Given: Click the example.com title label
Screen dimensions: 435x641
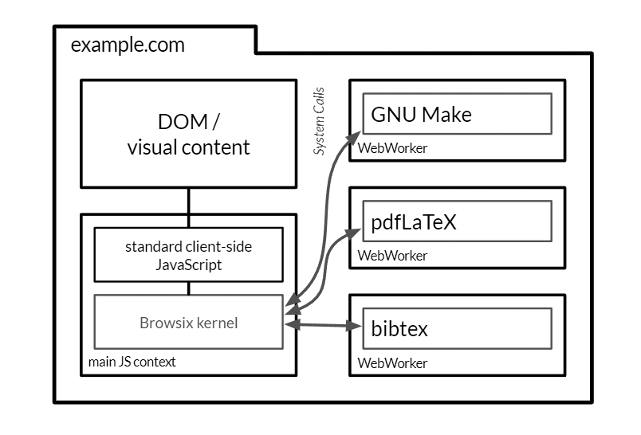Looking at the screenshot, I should (x=128, y=45).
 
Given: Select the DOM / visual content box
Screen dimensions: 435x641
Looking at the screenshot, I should (x=188, y=134).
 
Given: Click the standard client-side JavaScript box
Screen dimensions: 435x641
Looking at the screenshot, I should (x=188, y=255).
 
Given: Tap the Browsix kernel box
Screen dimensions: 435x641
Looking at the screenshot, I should (x=188, y=323).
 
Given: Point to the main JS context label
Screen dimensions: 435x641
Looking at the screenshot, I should (x=132, y=362).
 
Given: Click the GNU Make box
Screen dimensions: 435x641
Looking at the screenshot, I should (x=457, y=115).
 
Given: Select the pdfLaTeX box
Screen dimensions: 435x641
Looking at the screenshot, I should (x=457, y=221).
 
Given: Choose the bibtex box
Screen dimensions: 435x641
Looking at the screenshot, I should (x=457, y=328).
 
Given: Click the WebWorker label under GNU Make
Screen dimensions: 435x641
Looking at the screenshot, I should (x=392, y=148).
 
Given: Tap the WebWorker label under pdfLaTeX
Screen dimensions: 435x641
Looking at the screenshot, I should (x=392, y=256).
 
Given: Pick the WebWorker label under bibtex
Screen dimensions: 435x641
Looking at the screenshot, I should (x=392, y=363).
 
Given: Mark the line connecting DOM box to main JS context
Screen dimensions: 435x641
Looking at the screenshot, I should (x=188, y=202).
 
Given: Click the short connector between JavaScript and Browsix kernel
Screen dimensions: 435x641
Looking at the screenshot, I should (x=188, y=288).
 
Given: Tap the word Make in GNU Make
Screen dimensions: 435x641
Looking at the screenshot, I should (x=446, y=115).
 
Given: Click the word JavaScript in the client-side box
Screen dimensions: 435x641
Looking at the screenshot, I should (x=188, y=265).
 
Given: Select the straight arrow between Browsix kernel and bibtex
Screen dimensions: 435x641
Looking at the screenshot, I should (x=319, y=325).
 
